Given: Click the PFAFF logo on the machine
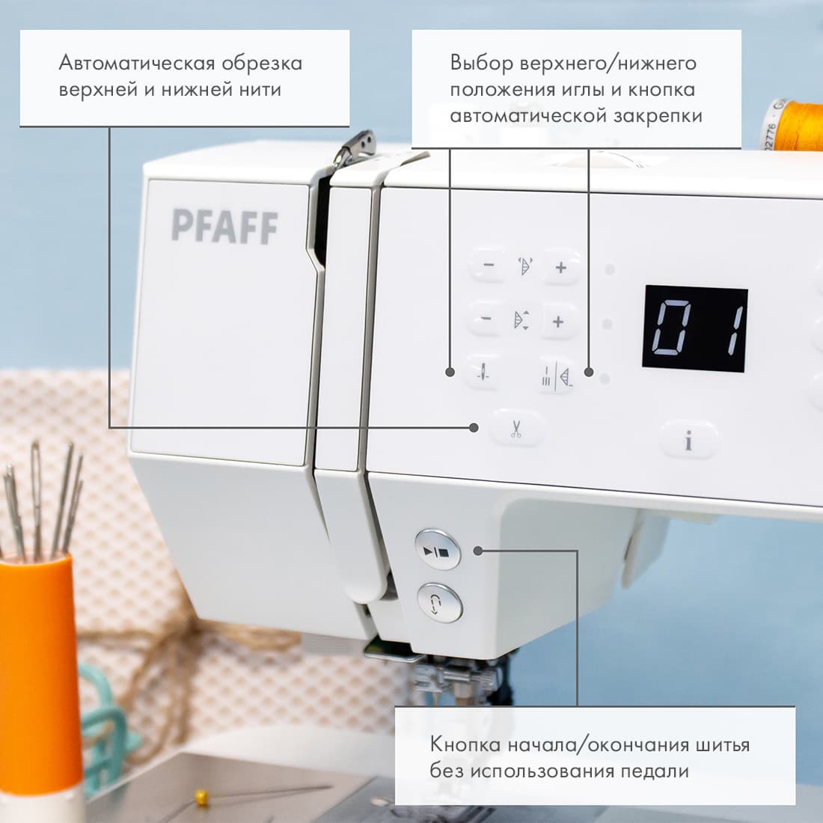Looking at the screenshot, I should (x=224, y=227).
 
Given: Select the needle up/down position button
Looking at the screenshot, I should (x=484, y=373).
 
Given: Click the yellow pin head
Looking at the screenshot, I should (x=201, y=799).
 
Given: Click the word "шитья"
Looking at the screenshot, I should (x=717, y=744).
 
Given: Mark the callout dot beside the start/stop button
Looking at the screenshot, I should (x=478, y=551).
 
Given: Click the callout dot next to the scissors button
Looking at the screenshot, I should (x=474, y=427).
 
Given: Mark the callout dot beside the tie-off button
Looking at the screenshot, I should (x=589, y=372).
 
